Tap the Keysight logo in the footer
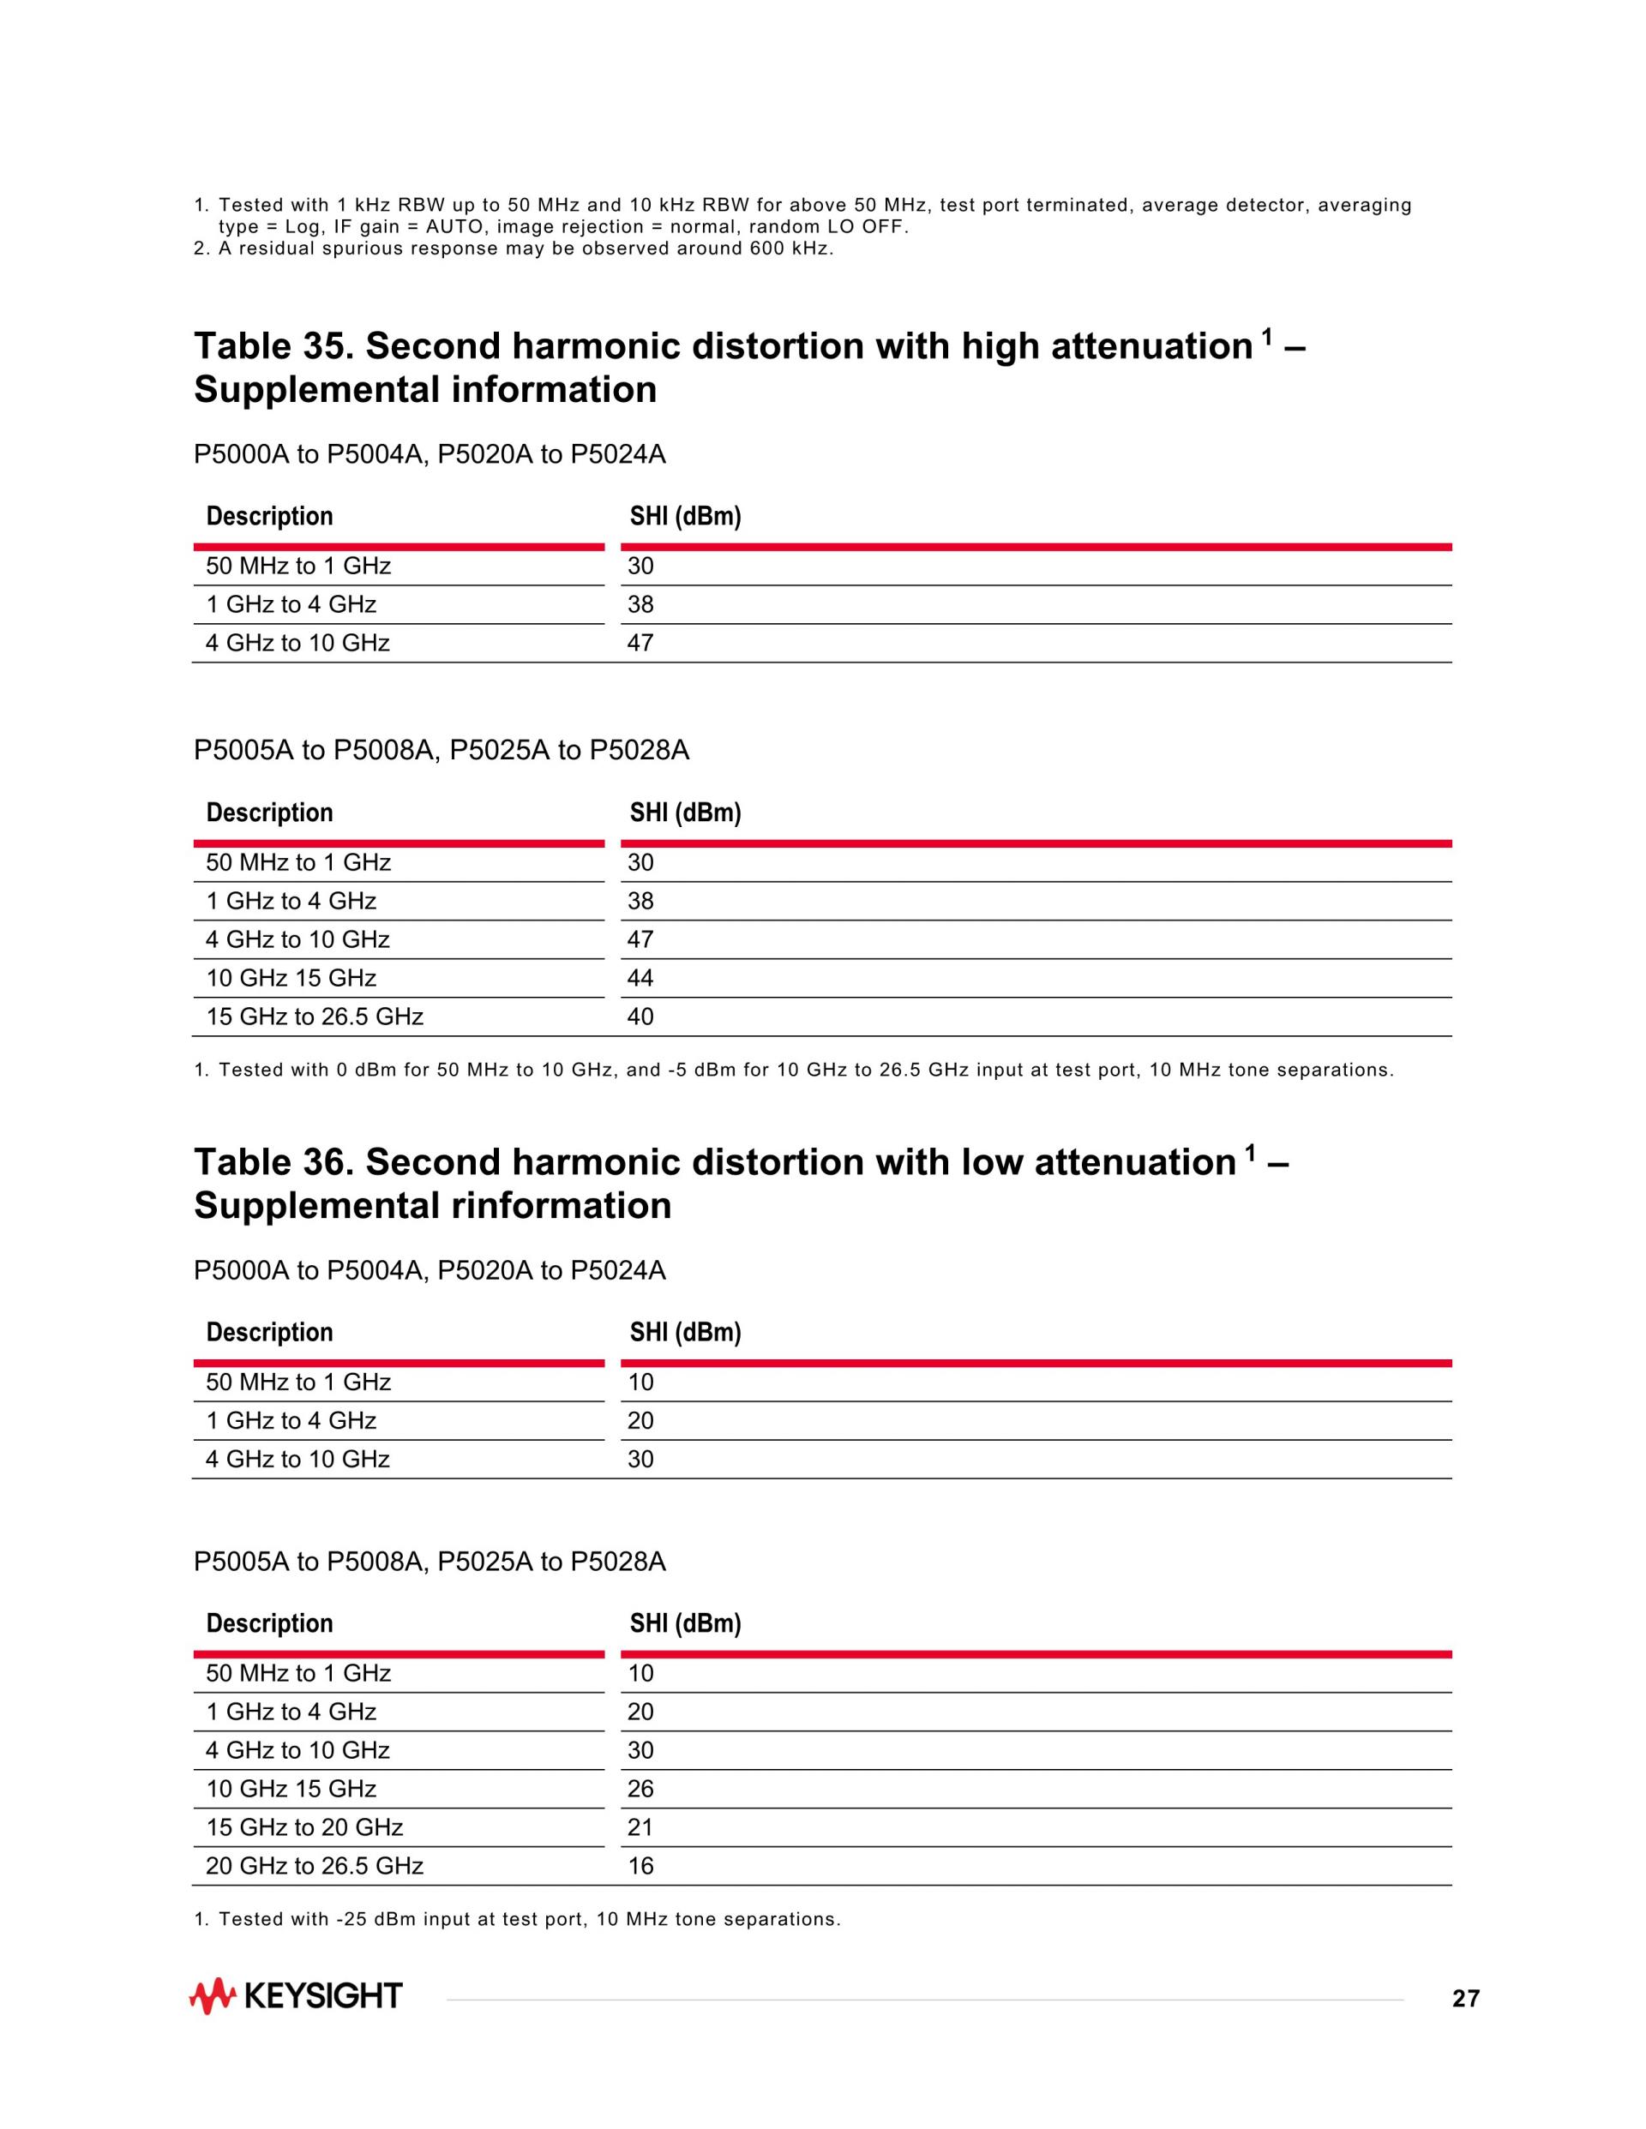click(296, 1996)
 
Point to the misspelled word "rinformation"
click(554, 1206)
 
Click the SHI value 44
click(640, 979)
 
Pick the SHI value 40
click(640, 1017)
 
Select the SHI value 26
click(640, 1789)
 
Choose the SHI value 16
click(640, 1866)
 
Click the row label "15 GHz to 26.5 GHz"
click(314, 1017)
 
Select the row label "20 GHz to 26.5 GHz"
click(314, 1866)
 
